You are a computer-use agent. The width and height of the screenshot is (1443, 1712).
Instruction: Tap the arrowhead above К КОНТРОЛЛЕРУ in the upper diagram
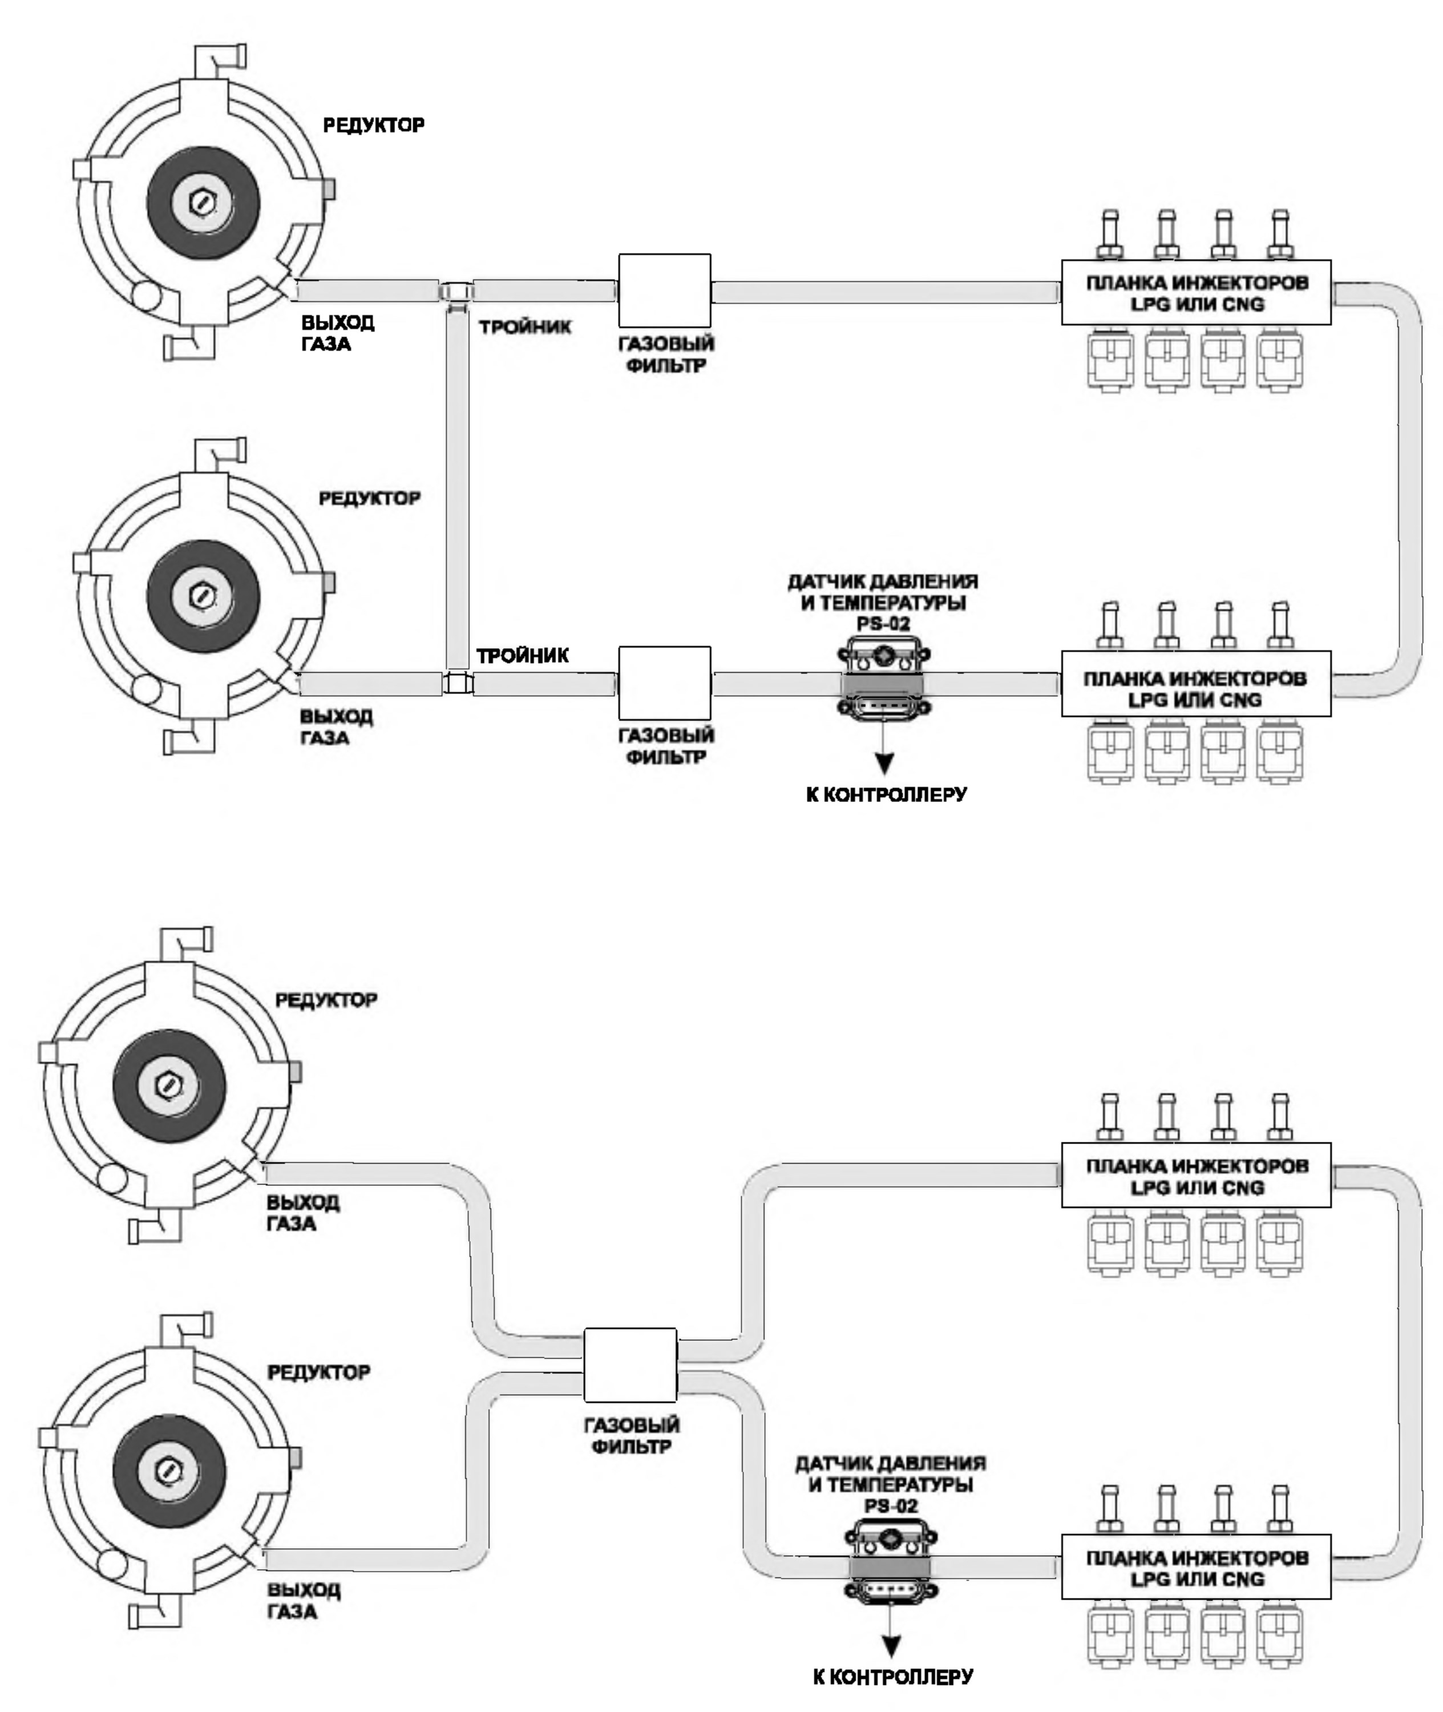pyautogui.click(x=884, y=764)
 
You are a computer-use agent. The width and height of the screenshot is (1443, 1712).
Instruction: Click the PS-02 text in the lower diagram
pyautogui.click(x=890, y=1506)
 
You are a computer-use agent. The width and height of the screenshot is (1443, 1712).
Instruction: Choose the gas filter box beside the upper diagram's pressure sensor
pyautogui.click(x=664, y=683)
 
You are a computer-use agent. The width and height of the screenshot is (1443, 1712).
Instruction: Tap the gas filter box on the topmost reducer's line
pyautogui.click(x=664, y=290)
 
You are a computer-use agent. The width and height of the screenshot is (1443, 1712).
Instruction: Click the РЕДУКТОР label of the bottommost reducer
pyautogui.click(x=319, y=1372)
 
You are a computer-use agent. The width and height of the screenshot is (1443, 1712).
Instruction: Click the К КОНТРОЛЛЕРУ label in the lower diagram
pyautogui.click(x=894, y=1678)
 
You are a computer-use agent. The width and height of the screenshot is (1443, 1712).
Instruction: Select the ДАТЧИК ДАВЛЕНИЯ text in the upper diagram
pyautogui.click(x=883, y=582)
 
